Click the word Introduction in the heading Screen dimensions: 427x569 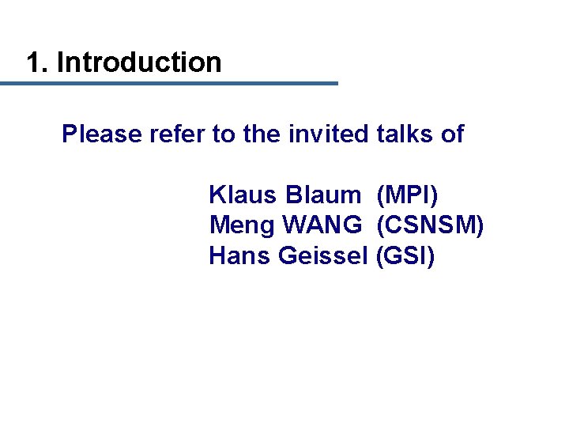[x=139, y=62]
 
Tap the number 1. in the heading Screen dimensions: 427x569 [x=37, y=62]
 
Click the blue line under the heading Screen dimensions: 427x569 [x=169, y=83]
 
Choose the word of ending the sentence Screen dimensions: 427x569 [x=452, y=134]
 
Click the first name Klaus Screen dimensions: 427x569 [x=244, y=194]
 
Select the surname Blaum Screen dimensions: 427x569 [x=324, y=194]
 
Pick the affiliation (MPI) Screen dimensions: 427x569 [x=407, y=194]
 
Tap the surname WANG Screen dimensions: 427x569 [x=323, y=225]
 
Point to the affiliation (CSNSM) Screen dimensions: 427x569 [x=430, y=225]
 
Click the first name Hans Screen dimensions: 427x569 [x=241, y=256]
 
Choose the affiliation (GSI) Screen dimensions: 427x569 [x=405, y=256]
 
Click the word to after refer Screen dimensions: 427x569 [x=224, y=134]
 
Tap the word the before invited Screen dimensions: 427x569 [x=262, y=134]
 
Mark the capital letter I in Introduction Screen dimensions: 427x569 [x=60, y=62]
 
